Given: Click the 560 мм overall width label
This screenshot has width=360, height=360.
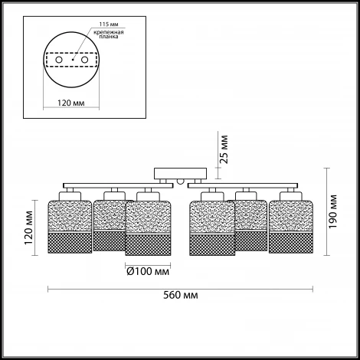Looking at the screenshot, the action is tap(180, 295).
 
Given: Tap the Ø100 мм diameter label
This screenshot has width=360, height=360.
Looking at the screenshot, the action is tap(148, 271).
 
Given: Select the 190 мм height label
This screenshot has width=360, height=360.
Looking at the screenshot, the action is tap(332, 211).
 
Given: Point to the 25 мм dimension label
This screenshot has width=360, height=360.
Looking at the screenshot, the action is tap(224, 149).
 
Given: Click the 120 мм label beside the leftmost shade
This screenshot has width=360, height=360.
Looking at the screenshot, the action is tap(28, 227).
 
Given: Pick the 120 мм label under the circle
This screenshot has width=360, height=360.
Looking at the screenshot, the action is tap(70, 103).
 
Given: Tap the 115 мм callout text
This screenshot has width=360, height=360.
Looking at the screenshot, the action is tap(109, 25).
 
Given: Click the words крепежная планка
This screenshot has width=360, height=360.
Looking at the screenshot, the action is tap(109, 34).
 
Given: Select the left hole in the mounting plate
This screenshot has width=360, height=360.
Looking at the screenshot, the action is tap(59, 60).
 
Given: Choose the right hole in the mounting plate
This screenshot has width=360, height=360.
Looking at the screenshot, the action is tap(84, 60).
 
